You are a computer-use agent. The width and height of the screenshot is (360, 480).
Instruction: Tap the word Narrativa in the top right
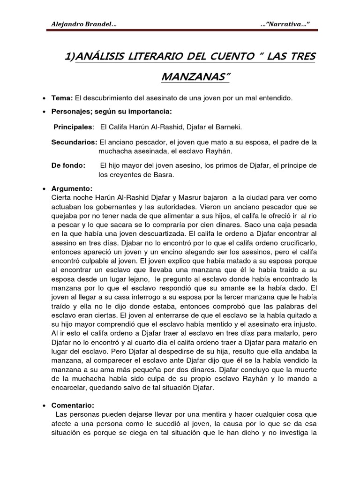pos(287,24)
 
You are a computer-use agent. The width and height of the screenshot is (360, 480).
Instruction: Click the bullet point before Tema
pos(44,98)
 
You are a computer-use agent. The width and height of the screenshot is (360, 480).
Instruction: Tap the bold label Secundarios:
pos(74,142)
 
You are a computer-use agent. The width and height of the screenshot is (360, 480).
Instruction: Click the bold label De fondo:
pos(68,165)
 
